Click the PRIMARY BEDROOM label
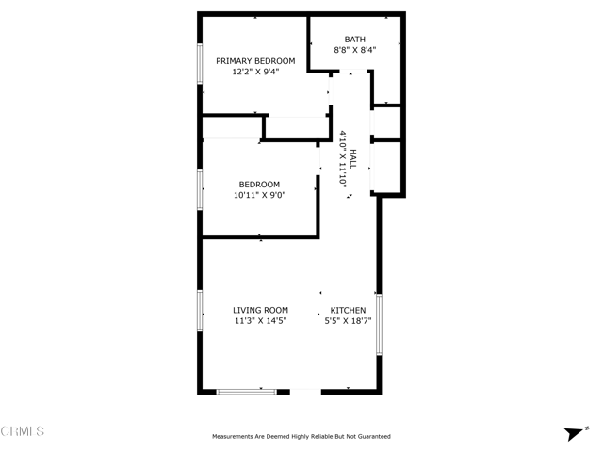pyautogui.click(x=255, y=61)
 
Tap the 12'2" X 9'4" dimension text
pyautogui.click(x=255, y=72)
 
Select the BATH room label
pyautogui.click(x=355, y=40)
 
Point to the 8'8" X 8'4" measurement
pyautogui.click(x=355, y=50)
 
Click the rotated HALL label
pyautogui.click(x=353, y=159)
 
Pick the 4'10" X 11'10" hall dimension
pyautogui.click(x=343, y=159)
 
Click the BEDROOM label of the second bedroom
pyautogui.click(x=259, y=185)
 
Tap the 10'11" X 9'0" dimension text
pyautogui.click(x=259, y=195)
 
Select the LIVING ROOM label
pyautogui.click(x=260, y=310)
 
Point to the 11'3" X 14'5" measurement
pyautogui.click(x=260, y=320)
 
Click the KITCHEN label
pyautogui.click(x=348, y=310)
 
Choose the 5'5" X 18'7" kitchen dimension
pyautogui.click(x=348, y=320)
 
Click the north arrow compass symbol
pyautogui.click(x=576, y=433)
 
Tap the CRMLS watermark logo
pyautogui.click(x=23, y=431)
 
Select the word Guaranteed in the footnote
pyautogui.click(x=374, y=436)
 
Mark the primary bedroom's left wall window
pyautogui.click(x=200, y=63)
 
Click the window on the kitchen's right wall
pyautogui.click(x=379, y=324)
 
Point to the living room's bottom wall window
pyautogui.click(x=246, y=392)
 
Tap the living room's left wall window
pyautogui.click(x=200, y=311)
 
